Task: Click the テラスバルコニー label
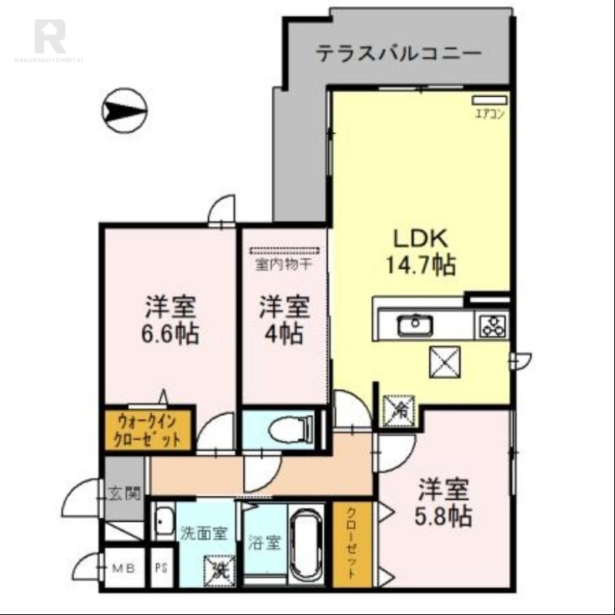point(398,54)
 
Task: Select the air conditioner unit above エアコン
point(490,100)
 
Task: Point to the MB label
point(123,569)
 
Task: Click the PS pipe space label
point(161,569)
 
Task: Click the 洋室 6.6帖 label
point(171,321)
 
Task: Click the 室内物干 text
point(284,265)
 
